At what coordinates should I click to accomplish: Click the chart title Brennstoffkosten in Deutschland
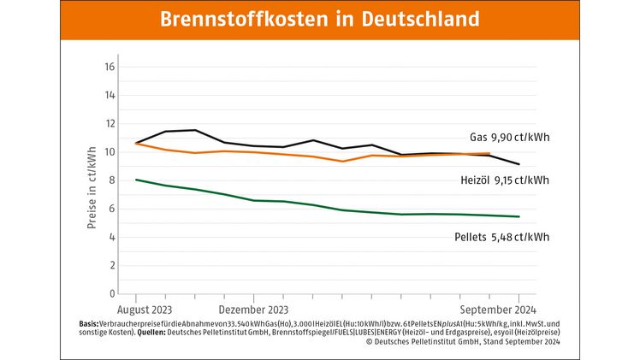(x=319, y=19)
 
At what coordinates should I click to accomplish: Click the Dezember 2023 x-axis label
(x=254, y=309)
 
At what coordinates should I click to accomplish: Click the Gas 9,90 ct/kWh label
(x=509, y=137)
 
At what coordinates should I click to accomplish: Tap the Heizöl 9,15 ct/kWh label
(x=504, y=180)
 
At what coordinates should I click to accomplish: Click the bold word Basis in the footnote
(x=88, y=323)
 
